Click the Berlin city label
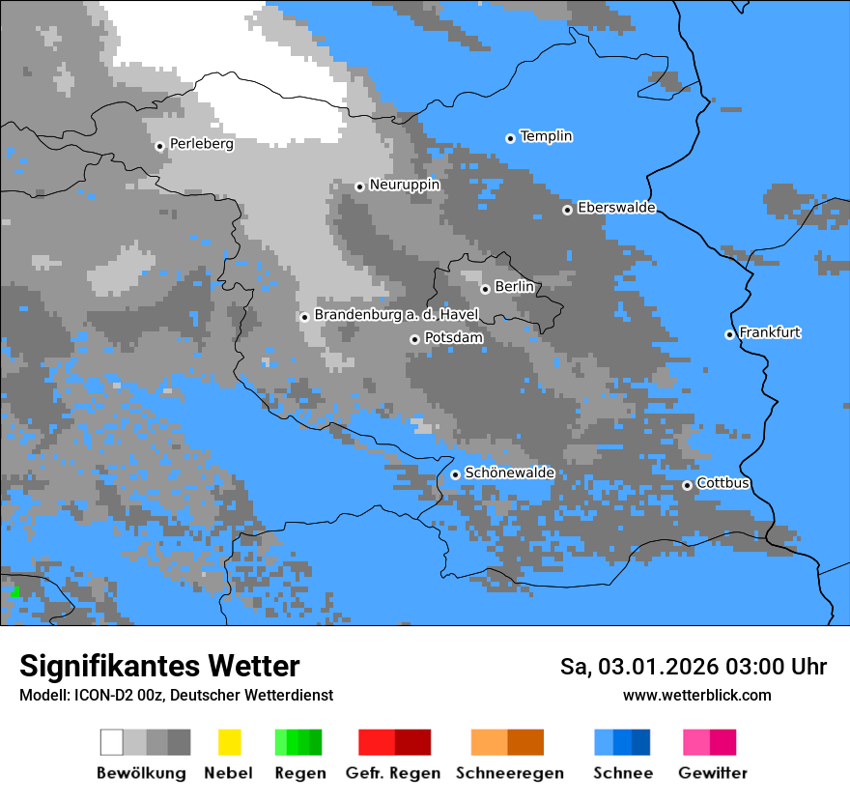514,287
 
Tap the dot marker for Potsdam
414,339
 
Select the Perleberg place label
201,144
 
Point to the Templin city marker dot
510,138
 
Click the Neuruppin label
404,185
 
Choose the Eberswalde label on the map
616,208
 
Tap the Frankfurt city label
770,332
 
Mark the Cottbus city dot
687,485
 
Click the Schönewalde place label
509,473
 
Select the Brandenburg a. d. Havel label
396,315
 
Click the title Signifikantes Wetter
159,666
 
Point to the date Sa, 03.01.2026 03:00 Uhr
693,667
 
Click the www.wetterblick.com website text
696,695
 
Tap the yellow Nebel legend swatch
229,742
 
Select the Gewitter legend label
712,773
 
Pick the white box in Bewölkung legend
112,742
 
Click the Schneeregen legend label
509,773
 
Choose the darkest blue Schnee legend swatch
641,742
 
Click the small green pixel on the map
15,591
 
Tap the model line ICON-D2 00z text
176,695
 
